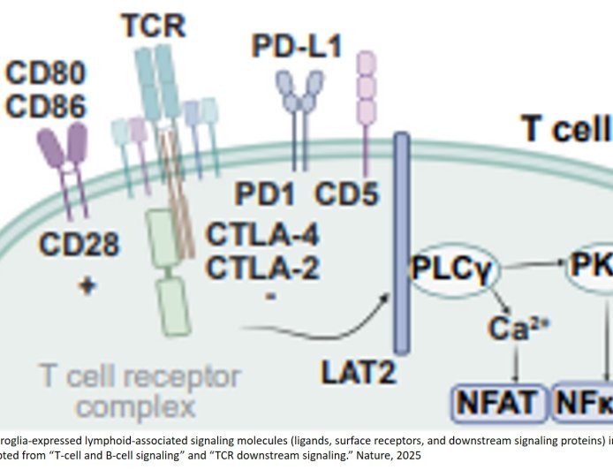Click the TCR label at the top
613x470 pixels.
coord(154,26)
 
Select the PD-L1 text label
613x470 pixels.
coord(296,46)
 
